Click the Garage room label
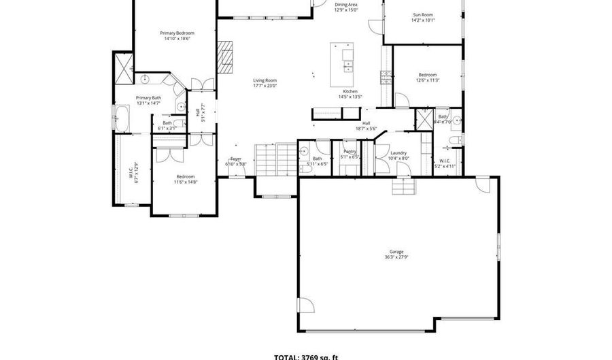[396, 252]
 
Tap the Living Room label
[265, 80]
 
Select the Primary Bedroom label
[177, 33]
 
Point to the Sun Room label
[423, 14]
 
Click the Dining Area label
[346, 5]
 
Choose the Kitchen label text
[350, 91]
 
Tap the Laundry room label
[398, 153]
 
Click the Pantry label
[350, 151]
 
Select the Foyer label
[236, 159]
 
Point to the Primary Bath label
[148, 98]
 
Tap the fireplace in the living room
[225, 56]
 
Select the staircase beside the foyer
[275, 161]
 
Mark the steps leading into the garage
[404, 188]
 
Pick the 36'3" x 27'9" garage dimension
[396, 257]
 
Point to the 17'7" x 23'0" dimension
[265, 86]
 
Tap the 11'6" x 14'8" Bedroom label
[185, 180]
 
